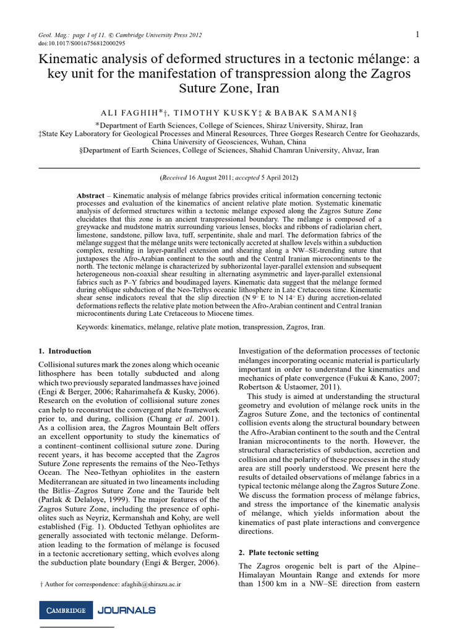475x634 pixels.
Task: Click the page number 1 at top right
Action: [418, 34]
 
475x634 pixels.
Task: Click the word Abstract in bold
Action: [90, 195]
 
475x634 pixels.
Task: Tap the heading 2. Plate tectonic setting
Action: [278, 552]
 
